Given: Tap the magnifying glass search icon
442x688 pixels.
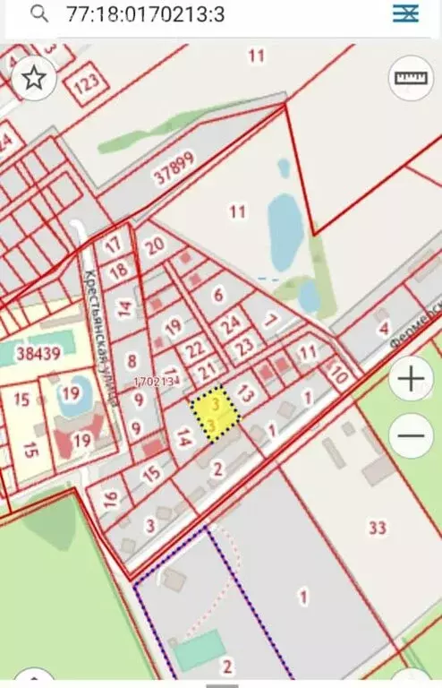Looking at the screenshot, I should [x=39, y=13].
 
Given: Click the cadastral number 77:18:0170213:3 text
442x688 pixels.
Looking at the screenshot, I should [x=146, y=13].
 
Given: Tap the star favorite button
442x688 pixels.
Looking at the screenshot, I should [x=34, y=78].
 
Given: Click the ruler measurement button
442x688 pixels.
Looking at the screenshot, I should [x=411, y=79].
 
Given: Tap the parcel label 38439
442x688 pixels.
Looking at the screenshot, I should [x=38, y=353].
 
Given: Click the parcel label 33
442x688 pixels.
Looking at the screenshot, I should [x=377, y=528].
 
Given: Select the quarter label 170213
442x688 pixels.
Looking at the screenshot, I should [x=153, y=381].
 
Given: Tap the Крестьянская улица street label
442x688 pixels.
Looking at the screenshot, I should [x=99, y=335].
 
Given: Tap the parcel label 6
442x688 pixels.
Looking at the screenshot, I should [x=217, y=293].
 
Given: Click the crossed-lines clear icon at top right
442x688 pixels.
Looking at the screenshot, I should [x=406, y=13].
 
